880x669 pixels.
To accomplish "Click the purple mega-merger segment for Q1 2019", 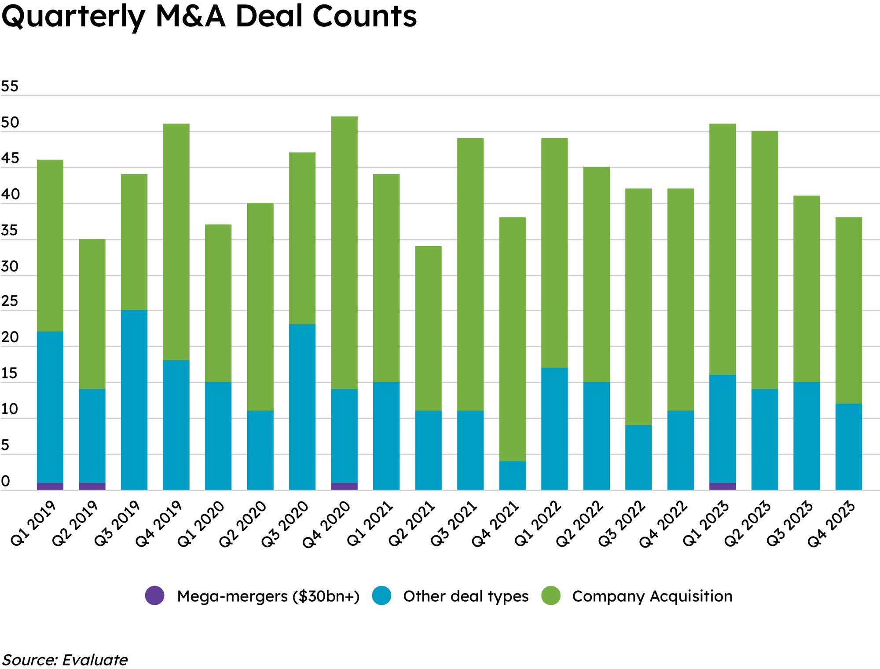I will pyautogui.click(x=50, y=486).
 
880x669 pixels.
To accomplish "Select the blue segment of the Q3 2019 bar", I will pyautogui.click(x=134, y=399).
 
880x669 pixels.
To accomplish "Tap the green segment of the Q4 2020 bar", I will pyautogui.click(x=344, y=252).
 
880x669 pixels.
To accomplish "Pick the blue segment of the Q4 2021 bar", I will pyautogui.click(x=512, y=475).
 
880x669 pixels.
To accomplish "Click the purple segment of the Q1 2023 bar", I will pyautogui.click(x=722, y=486).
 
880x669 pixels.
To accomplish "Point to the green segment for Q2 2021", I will pyautogui.click(x=428, y=328).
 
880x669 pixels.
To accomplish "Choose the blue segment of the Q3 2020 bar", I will pyautogui.click(x=302, y=407).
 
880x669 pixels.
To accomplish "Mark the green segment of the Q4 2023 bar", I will pyautogui.click(x=848, y=310).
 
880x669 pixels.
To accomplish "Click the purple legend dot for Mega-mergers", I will pyautogui.click(x=154, y=596).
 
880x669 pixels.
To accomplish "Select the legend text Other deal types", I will pyautogui.click(x=466, y=596).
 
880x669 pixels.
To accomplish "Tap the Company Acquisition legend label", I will pyautogui.click(x=652, y=596).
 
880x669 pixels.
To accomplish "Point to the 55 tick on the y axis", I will pyautogui.click(x=10, y=86).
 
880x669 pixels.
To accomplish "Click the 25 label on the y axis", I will pyautogui.click(x=10, y=301).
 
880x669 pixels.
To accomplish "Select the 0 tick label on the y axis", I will pyautogui.click(x=5, y=481).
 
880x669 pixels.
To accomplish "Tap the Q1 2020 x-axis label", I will pyautogui.click(x=201, y=524).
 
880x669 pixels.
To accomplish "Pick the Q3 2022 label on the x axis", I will pyautogui.click(x=621, y=524).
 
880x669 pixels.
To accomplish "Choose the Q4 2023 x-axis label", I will pyautogui.click(x=831, y=524).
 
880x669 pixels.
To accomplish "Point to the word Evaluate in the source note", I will pyautogui.click(x=95, y=660).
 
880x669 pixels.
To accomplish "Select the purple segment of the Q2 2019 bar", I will pyautogui.click(x=92, y=486).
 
